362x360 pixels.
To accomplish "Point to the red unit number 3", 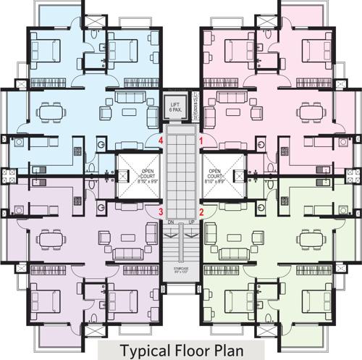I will pos(161,212).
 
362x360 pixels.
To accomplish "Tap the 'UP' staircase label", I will pos(192,221).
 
